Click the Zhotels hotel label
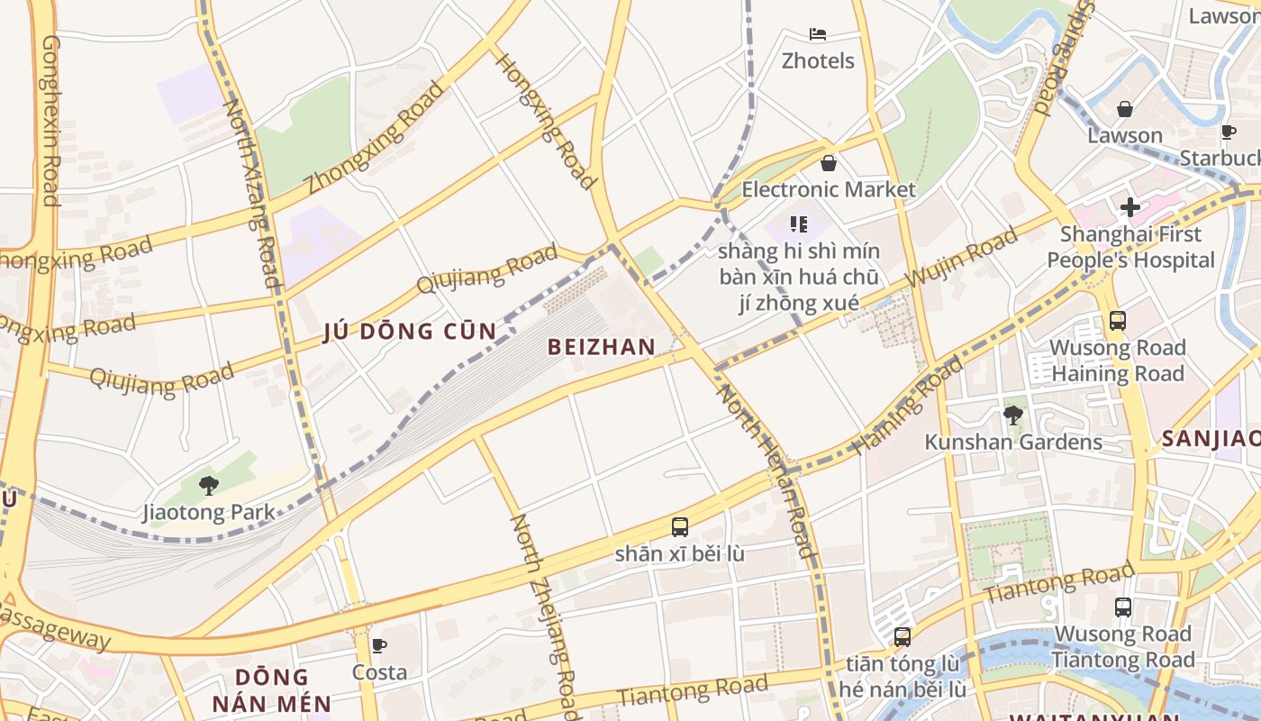coord(818,60)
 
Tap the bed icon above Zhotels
coord(818,34)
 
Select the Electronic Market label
coord(828,189)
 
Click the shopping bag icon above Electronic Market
coord(828,163)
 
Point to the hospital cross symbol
coord(1129,207)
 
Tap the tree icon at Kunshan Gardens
coord(1012,415)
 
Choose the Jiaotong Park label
coord(209,513)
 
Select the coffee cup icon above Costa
coord(379,645)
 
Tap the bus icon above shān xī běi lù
coord(680,527)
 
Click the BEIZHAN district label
coord(602,347)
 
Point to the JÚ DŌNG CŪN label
coord(410,332)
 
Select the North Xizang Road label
coord(252,194)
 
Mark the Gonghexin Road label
coord(50,122)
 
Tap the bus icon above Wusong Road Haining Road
coord(1117,321)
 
